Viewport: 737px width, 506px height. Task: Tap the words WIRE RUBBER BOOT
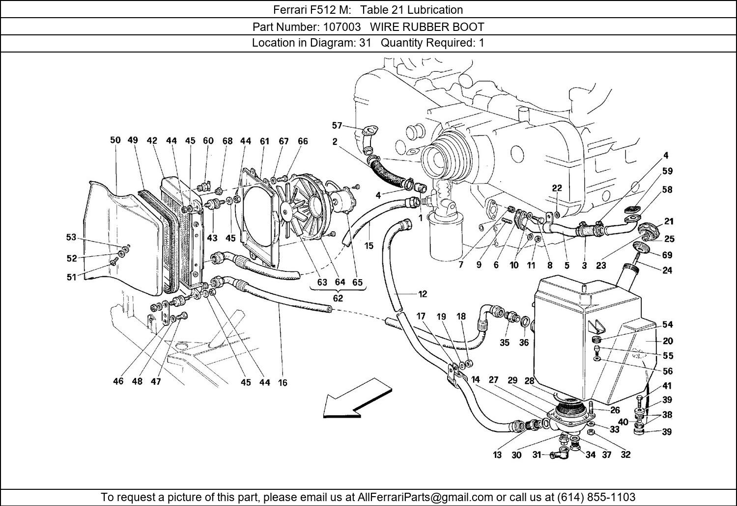[x=427, y=27]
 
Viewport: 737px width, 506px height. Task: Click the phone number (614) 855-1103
[x=595, y=497]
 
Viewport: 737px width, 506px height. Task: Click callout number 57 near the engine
[x=337, y=126]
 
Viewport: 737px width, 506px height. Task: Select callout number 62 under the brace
[x=338, y=298]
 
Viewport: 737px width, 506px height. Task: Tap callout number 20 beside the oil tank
[x=667, y=341]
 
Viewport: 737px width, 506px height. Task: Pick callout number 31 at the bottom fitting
[x=537, y=455]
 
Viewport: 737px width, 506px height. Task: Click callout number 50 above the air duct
[x=115, y=140]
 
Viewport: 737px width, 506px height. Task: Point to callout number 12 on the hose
[x=423, y=294]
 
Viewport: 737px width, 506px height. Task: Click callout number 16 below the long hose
[x=283, y=382]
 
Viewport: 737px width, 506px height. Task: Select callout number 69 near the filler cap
[x=667, y=255]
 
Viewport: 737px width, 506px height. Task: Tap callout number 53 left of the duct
[x=71, y=237]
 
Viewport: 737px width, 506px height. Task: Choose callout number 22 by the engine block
[x=556, y=188]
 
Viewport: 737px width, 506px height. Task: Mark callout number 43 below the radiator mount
[x=212, y=238]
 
